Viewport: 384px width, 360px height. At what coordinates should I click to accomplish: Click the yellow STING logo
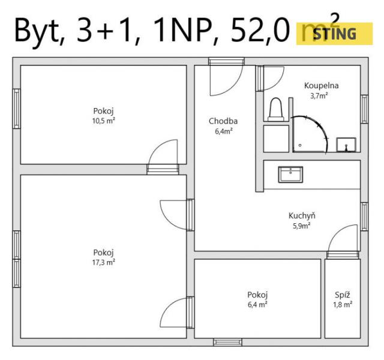pos(334,34)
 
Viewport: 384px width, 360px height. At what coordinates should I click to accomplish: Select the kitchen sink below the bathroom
pos(290,175)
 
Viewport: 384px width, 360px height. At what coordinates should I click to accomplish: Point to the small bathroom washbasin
pos(346,145)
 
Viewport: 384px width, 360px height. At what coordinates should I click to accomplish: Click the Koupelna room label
pos(322,85)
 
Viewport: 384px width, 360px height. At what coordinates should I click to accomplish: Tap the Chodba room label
pos(223,121)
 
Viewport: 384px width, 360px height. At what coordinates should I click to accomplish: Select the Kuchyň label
pos(302,215)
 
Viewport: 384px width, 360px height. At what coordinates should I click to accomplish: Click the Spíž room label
pos(343,295)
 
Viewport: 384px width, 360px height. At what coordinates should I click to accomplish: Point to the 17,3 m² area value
pos(104,263)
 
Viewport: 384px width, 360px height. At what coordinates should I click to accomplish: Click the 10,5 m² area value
pos(104,121)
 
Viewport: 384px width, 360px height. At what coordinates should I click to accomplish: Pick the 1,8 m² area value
pos(343,305)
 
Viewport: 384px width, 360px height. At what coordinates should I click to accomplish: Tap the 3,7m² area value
pos(319,96)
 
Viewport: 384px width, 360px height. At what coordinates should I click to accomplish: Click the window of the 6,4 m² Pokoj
pos(227,342)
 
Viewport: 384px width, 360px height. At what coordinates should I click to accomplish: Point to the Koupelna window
pos(364,109)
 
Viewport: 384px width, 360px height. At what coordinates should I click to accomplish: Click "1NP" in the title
pos(182,31)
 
